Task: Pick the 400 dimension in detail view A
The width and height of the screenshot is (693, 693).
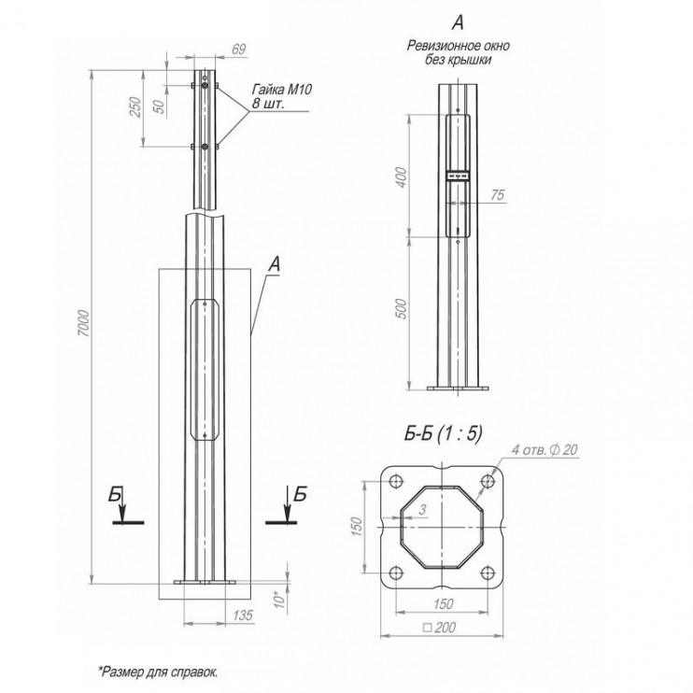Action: (402, 177)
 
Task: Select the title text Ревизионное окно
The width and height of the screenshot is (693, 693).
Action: (457, 45)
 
